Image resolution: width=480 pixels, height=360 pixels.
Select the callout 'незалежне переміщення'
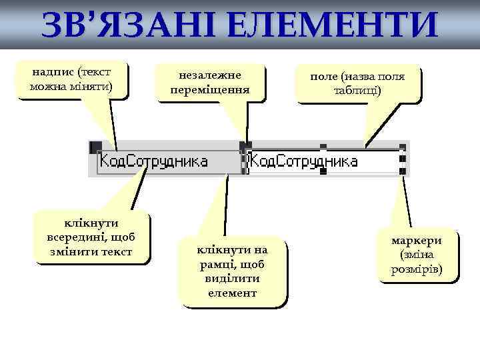209,82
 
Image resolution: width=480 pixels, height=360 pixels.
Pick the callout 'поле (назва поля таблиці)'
357,83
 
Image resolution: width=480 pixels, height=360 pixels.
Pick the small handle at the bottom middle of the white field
323,172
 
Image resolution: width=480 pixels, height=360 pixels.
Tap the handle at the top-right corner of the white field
402,147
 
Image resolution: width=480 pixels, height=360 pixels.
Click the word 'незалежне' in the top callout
209,75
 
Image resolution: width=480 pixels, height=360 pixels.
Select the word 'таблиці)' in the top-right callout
357,91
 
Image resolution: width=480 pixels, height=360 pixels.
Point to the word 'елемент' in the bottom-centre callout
231,293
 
